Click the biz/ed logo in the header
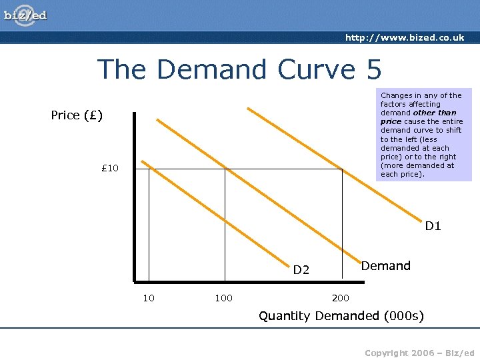coord(26,15)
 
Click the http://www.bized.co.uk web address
coord(405,38)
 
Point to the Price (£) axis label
coord(77,115)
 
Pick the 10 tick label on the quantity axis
coord(149,297)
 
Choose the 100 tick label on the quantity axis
coord(223,297)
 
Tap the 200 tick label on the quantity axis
coord(341,297)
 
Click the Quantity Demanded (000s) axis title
coord(341,315)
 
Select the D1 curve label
coord(433,226)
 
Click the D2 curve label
coord(301,270)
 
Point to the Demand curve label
coord(385,266)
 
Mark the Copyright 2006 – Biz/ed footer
coord(419,352)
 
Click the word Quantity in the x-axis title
coord(284,315)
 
